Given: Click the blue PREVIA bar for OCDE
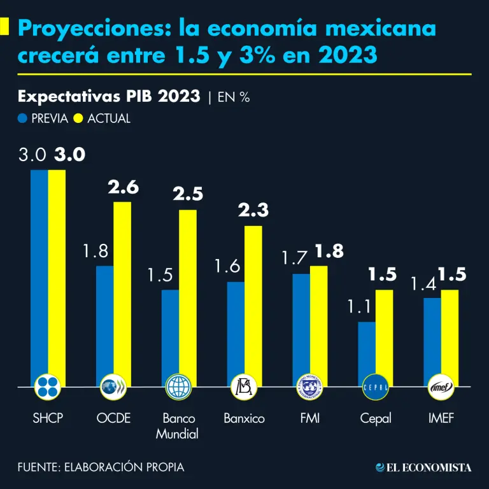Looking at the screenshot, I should pyautogui.click(x=104, y=325).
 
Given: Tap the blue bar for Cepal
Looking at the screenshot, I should pyautogui.click(x=366, y=353).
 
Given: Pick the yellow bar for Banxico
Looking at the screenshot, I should pyautogui.click(x=253, y=306).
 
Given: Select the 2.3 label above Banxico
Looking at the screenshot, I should pyautogui.click(x=253, y=210).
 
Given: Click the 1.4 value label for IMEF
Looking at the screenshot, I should pyautogui.click(x=423, y=283).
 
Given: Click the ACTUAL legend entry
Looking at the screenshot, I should pyautogui.click(x=102, y=118).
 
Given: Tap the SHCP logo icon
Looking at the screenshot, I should pyautogui.click(x=48, y=386).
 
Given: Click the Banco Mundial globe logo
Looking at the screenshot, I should pyautogui.click(x=178, y=386).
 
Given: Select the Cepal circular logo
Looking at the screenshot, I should pyautogui.click(x=374, y=386).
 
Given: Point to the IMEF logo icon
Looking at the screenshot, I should pyautogui.click(x=441, y=386).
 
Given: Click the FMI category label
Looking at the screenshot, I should pyautogui.click(x=309, y=419).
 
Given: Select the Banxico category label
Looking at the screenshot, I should pyautogui.click(x=244, y=419).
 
